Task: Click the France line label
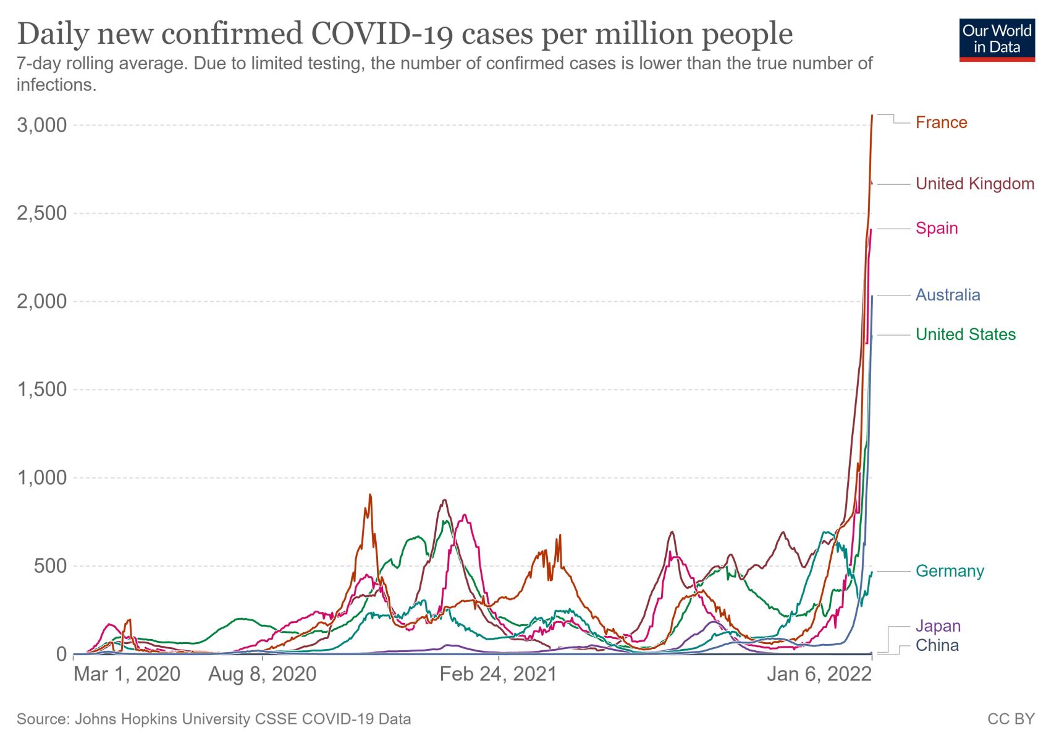941,122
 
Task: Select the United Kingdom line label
974,184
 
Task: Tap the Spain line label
937,228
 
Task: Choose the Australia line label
948,294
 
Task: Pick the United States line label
965,334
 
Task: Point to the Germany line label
950,570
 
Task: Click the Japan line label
938,626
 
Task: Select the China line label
937,646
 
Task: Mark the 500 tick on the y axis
52,566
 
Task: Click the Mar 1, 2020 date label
127,674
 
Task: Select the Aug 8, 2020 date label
262,674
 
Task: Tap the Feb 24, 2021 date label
498,674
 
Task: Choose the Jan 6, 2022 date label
819,674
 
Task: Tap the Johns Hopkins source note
214,719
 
